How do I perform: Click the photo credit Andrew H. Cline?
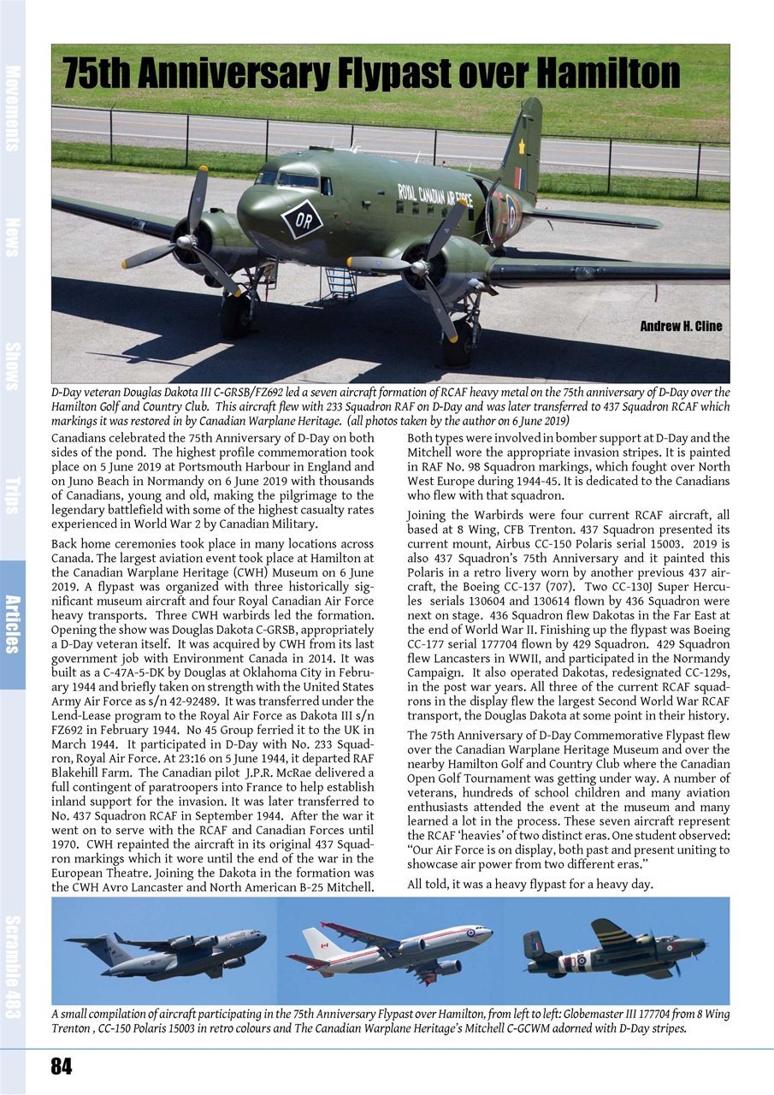click(681, 326)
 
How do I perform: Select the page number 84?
click(62, 1066)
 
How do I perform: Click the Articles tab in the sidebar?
click(13, 624)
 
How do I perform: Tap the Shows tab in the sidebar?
click(13, 365)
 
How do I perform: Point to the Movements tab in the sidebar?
click(13, 107)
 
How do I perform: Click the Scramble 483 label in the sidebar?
click(13, 967)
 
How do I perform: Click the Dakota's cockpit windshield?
click(287, 179)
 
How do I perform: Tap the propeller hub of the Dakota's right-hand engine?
click(419, 268)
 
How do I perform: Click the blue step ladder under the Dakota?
click(340, 283)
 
